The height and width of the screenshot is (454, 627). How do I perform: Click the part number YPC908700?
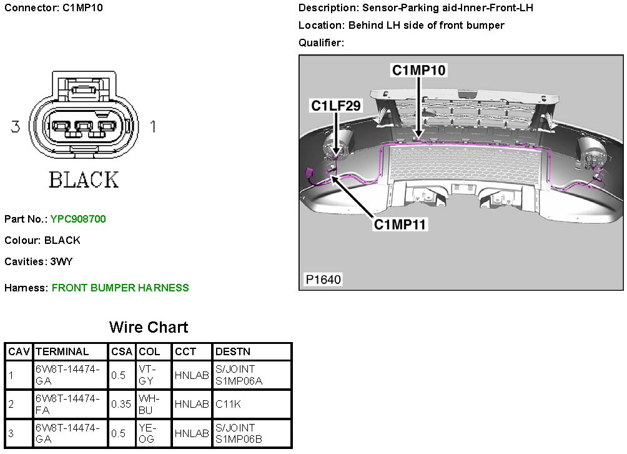click(x=78, y=219)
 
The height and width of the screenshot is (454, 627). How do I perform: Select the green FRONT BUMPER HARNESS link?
click(x=120, y=288)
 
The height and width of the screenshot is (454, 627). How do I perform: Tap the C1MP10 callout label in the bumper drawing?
click(x=418, y=70)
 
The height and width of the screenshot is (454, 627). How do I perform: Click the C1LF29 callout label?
click(x=336, y=106)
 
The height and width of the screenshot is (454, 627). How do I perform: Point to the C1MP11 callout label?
click(x=400, y=223)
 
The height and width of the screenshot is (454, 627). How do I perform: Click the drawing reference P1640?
click(x=323, y=279)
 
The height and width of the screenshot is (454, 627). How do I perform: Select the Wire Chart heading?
click(x=148, y=327)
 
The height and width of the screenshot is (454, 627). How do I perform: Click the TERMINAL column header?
click(x=62, y=351)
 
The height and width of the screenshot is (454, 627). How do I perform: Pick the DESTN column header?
click(x=232, y=351)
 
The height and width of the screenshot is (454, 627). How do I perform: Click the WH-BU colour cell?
click(x=146, y=404)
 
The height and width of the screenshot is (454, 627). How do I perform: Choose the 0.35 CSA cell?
click(x=121, y=404)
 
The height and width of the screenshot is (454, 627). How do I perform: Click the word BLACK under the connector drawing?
click(x=83, y=180)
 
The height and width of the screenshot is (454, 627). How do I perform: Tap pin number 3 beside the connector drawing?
click(x=16, y=127)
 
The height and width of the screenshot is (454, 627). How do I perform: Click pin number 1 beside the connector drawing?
click(x=153, y=127)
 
